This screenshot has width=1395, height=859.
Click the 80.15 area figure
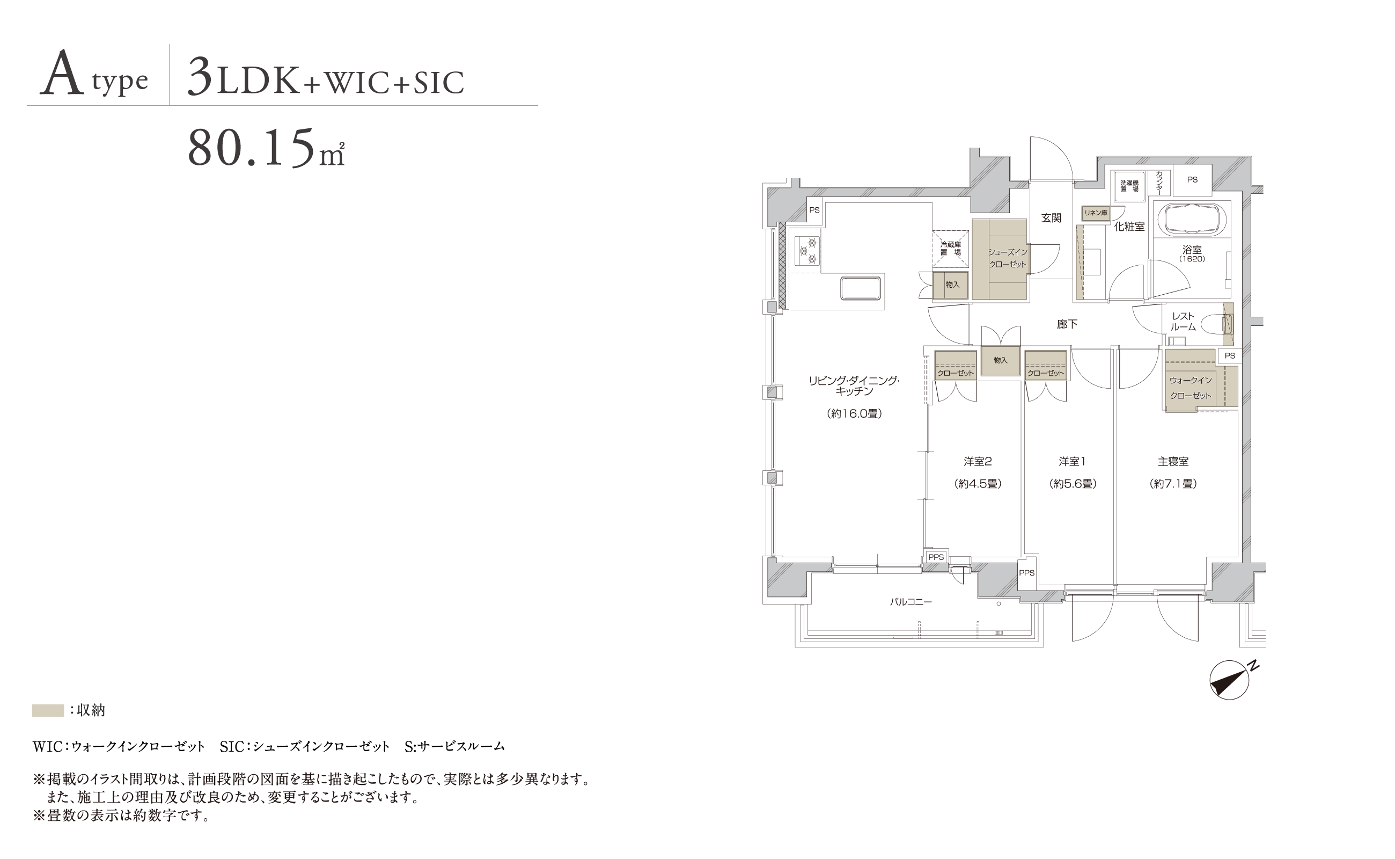[266, 148]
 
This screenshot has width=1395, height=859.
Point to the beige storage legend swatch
[48, 710]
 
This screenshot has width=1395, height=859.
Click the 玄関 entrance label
[1052, 217]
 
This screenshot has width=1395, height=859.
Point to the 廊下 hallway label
[1067, 324]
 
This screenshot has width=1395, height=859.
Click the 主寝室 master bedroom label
[1173, 461]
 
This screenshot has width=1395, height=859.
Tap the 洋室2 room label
[978, 461]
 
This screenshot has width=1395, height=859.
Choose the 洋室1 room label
[1072, 461]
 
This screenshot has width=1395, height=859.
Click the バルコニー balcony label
[911, 602]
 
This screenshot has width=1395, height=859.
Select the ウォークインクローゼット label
[1191, 388]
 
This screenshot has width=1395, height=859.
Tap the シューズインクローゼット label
[1008, 258]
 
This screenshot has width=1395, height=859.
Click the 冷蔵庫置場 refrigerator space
[950, 248]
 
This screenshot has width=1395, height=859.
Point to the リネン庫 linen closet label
[1096, 213]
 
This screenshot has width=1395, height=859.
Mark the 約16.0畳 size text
[854, 413]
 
